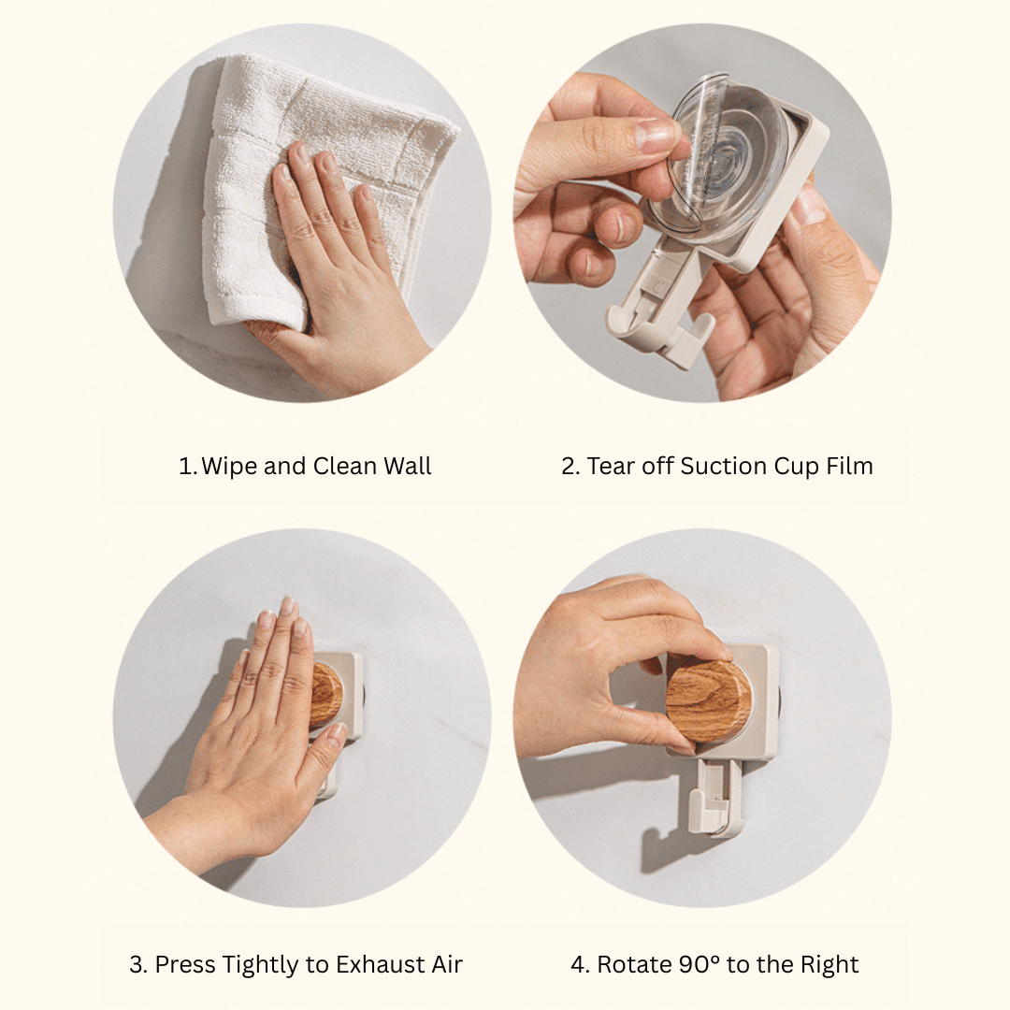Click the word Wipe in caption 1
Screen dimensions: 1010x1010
pos(229,466)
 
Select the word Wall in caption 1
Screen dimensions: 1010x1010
pos(407,466)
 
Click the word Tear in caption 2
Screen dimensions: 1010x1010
pos(612,466)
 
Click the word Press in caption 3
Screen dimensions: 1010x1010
pos(185,964)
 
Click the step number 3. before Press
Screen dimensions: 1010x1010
pos(138,964)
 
